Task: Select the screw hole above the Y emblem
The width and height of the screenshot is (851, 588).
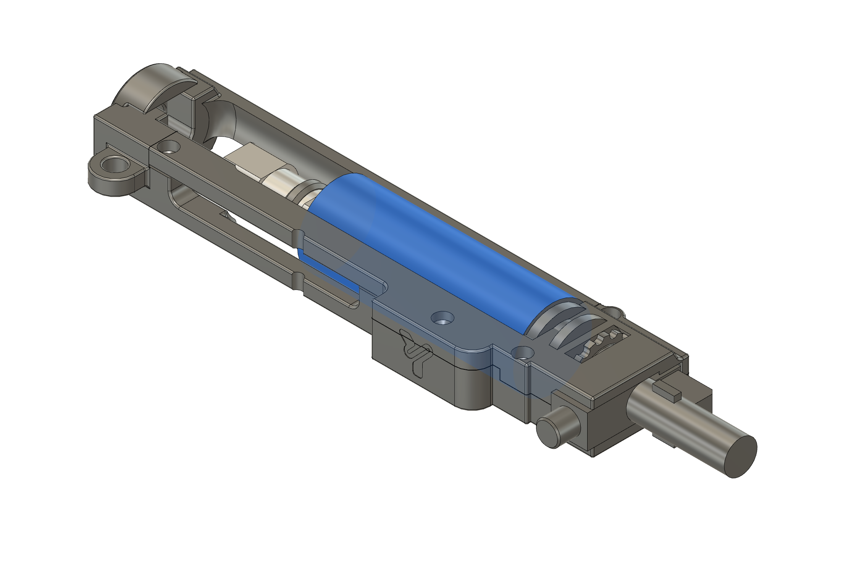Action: (x=442, y=317)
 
